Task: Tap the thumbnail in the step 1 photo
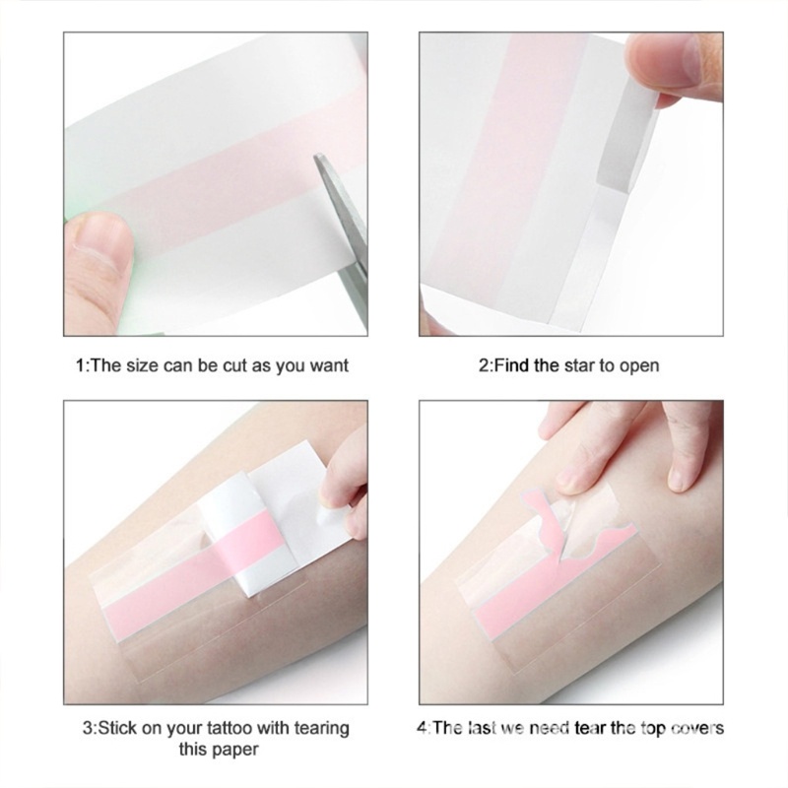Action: click(x=100, y=239)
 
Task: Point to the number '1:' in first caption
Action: click(x=82, y=365)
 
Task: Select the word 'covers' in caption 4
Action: click(x=697, y=729)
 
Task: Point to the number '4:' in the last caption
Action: click(x=423, y=729)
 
